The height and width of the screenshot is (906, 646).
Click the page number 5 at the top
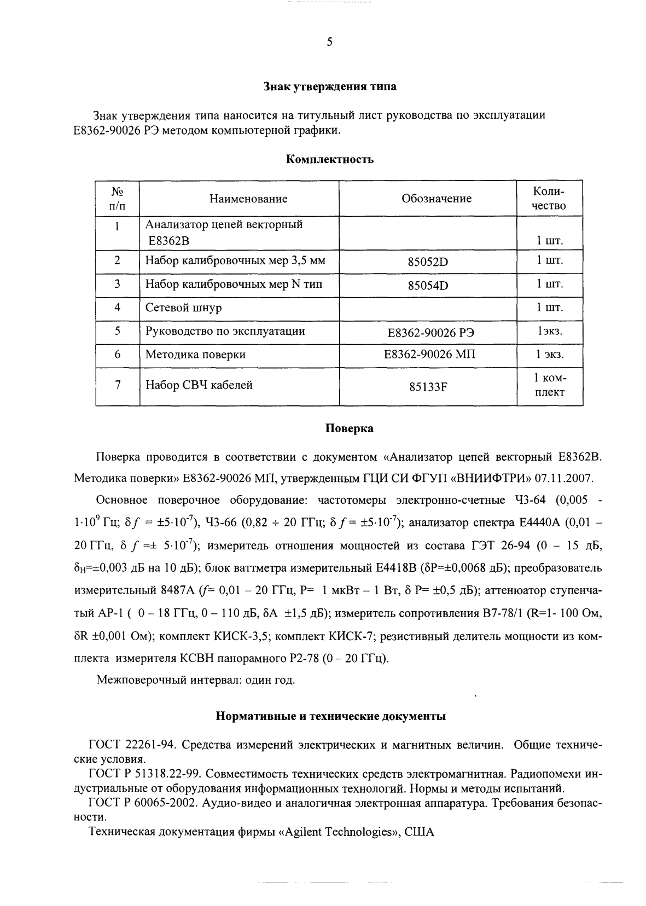329,42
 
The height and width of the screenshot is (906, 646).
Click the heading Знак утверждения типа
330,86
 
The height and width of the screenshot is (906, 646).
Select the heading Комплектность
330,160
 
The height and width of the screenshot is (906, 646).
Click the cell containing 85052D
428,262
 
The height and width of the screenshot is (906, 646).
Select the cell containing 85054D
428,285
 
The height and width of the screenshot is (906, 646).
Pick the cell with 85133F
428,387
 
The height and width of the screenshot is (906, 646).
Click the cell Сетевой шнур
184,307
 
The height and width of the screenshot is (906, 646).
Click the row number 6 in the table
117,355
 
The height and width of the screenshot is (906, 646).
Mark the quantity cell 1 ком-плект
550,385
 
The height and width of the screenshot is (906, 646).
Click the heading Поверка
350,428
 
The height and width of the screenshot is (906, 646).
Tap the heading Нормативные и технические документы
330,716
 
